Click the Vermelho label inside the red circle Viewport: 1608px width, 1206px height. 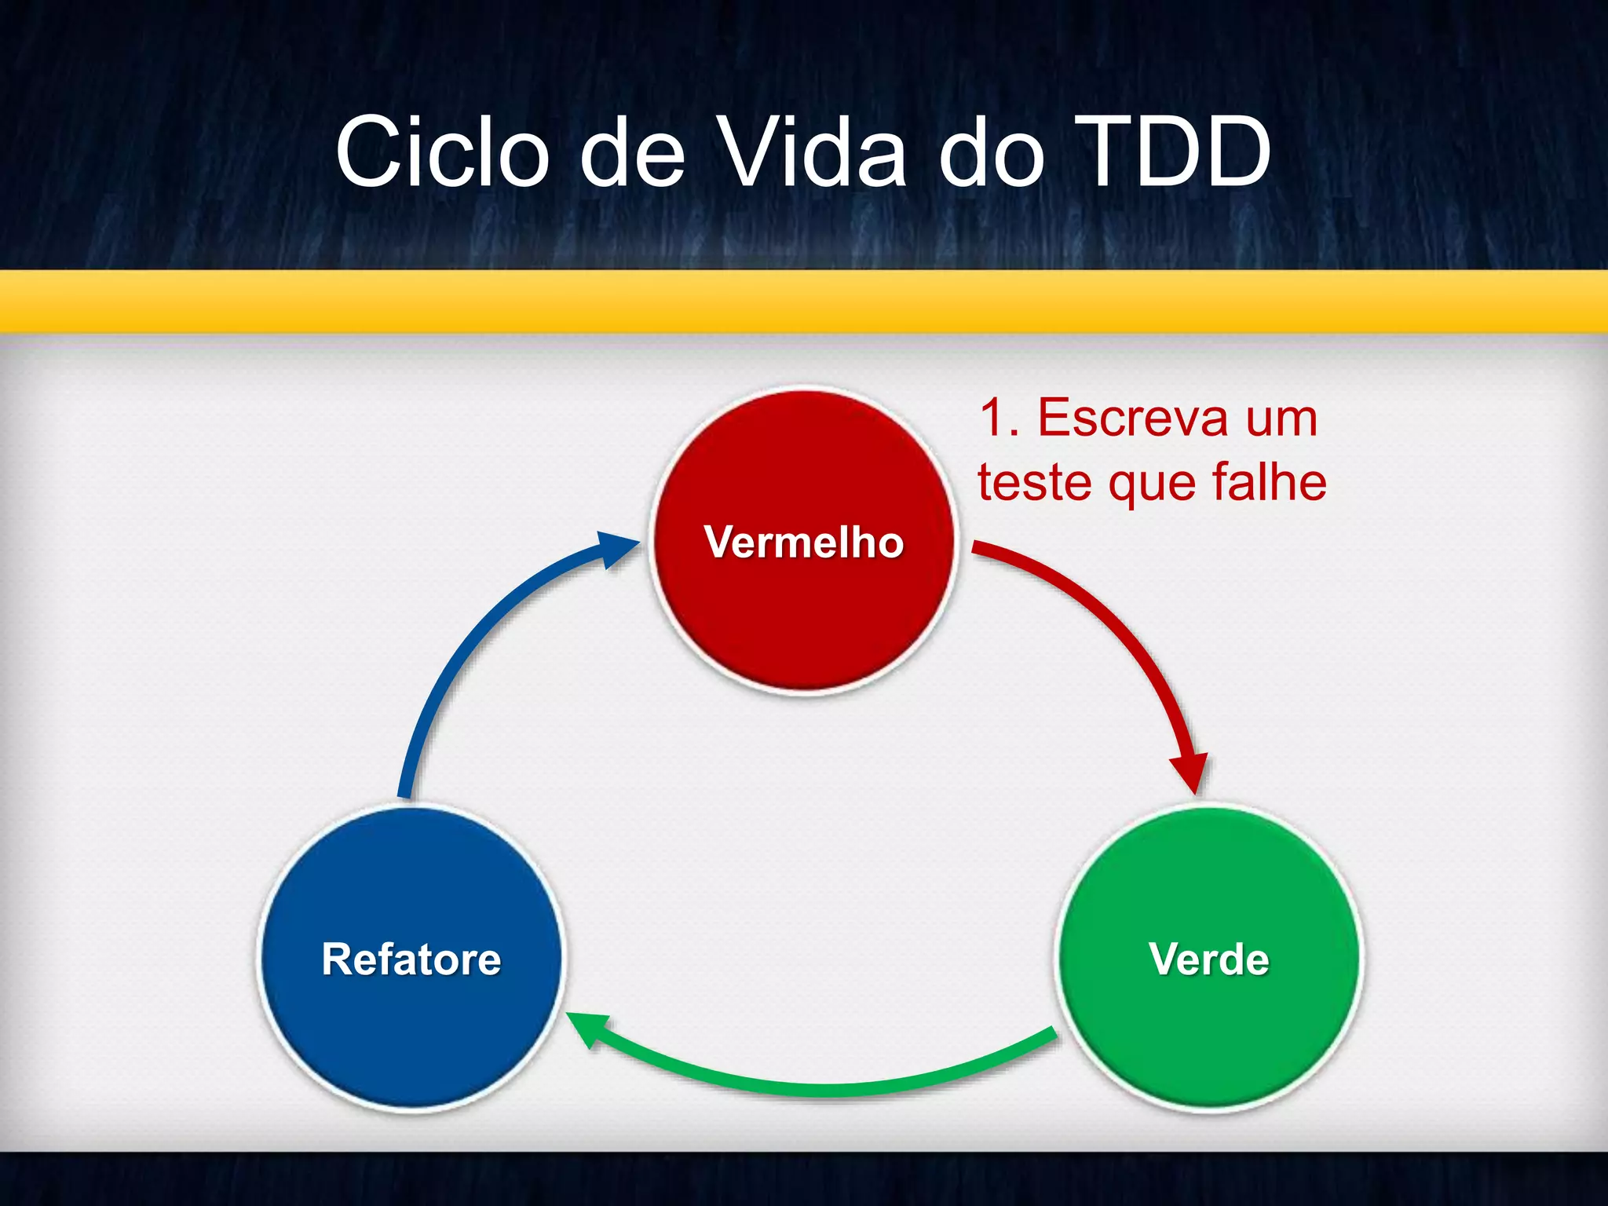tap(804, 542)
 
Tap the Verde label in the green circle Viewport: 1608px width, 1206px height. tap(1208, 959)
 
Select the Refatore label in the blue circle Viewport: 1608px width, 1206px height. tap(411, 959)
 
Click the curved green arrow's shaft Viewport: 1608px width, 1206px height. tap(824, 1088)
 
